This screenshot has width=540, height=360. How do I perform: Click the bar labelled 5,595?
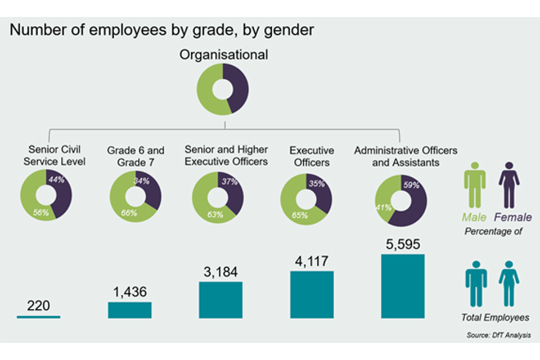pos(403,286)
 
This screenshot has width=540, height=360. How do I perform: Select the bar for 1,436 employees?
pos(129,310)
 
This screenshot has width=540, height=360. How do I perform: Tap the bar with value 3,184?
pos(220,300)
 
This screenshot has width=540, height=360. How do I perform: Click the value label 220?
pos(39,306)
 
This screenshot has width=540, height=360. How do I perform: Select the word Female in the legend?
pos(512,217)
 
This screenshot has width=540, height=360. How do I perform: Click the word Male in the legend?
pos(474,217)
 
